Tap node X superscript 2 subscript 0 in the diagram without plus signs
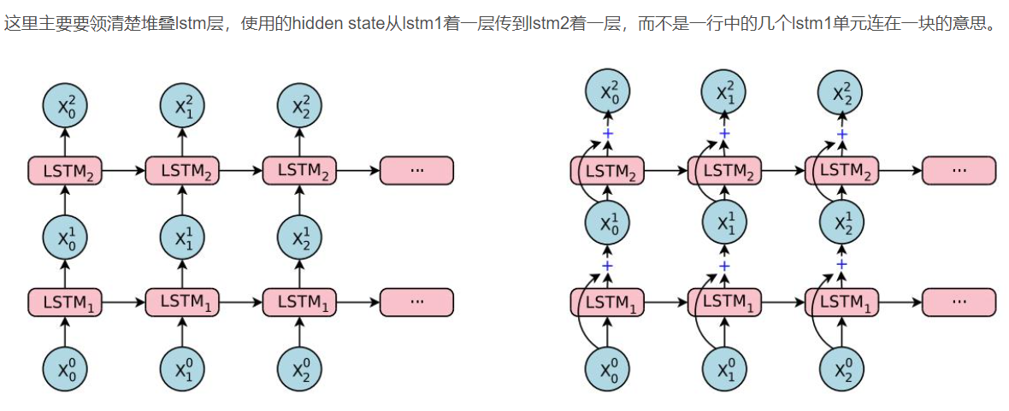[x=65, y=105]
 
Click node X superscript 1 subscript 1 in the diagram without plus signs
[x=182, y=237]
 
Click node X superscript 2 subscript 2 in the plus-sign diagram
[x=842, y=91]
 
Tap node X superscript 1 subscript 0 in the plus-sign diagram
[x=607, y=224]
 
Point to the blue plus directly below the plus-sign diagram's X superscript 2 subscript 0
[x=608, y=134]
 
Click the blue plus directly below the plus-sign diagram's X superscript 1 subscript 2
[x=841, y=265]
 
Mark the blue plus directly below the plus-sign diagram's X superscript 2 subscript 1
[x=724, y=133]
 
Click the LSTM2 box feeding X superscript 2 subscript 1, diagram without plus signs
[x=182, y=170]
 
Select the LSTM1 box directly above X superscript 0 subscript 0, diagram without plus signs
[x=65, y=302]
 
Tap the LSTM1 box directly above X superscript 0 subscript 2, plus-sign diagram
[x=842, y=302]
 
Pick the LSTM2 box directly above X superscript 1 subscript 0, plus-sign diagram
[x=607, y=170]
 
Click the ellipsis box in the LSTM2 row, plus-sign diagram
[x=959, y=170]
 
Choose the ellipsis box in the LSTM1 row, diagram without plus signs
[x=416, y=302]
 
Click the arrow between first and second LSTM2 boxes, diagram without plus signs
[x=123, y=170]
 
